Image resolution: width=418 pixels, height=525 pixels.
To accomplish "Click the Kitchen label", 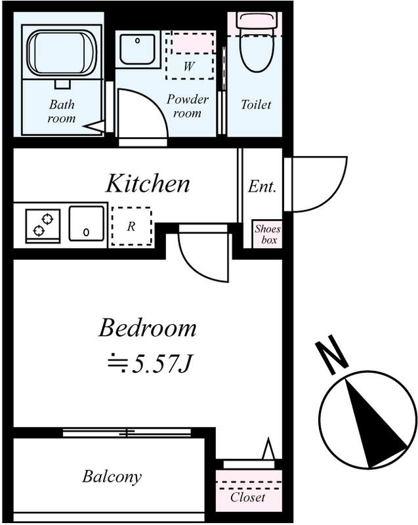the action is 148,184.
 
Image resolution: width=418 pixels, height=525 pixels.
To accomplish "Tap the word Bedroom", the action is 147,328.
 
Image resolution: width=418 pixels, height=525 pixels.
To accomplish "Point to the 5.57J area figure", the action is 150,364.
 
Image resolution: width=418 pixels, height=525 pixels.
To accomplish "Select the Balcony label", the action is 112,477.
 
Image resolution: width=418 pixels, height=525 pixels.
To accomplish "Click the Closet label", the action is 247,497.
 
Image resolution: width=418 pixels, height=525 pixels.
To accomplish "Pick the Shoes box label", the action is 267,234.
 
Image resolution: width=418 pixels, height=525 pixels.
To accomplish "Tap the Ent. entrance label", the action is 262,186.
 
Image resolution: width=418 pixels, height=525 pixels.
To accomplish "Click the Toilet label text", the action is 256,105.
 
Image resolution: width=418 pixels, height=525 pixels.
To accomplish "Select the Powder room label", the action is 188,106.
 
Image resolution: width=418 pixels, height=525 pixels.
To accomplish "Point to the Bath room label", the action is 62,111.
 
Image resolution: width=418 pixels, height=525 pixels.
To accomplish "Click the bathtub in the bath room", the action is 62,52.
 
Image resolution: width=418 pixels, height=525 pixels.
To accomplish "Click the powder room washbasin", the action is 138,49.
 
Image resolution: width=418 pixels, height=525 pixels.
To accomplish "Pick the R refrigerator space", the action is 131,226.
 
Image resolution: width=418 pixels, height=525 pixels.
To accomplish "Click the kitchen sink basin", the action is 87,223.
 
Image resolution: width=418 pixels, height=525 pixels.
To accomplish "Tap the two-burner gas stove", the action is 43,226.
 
